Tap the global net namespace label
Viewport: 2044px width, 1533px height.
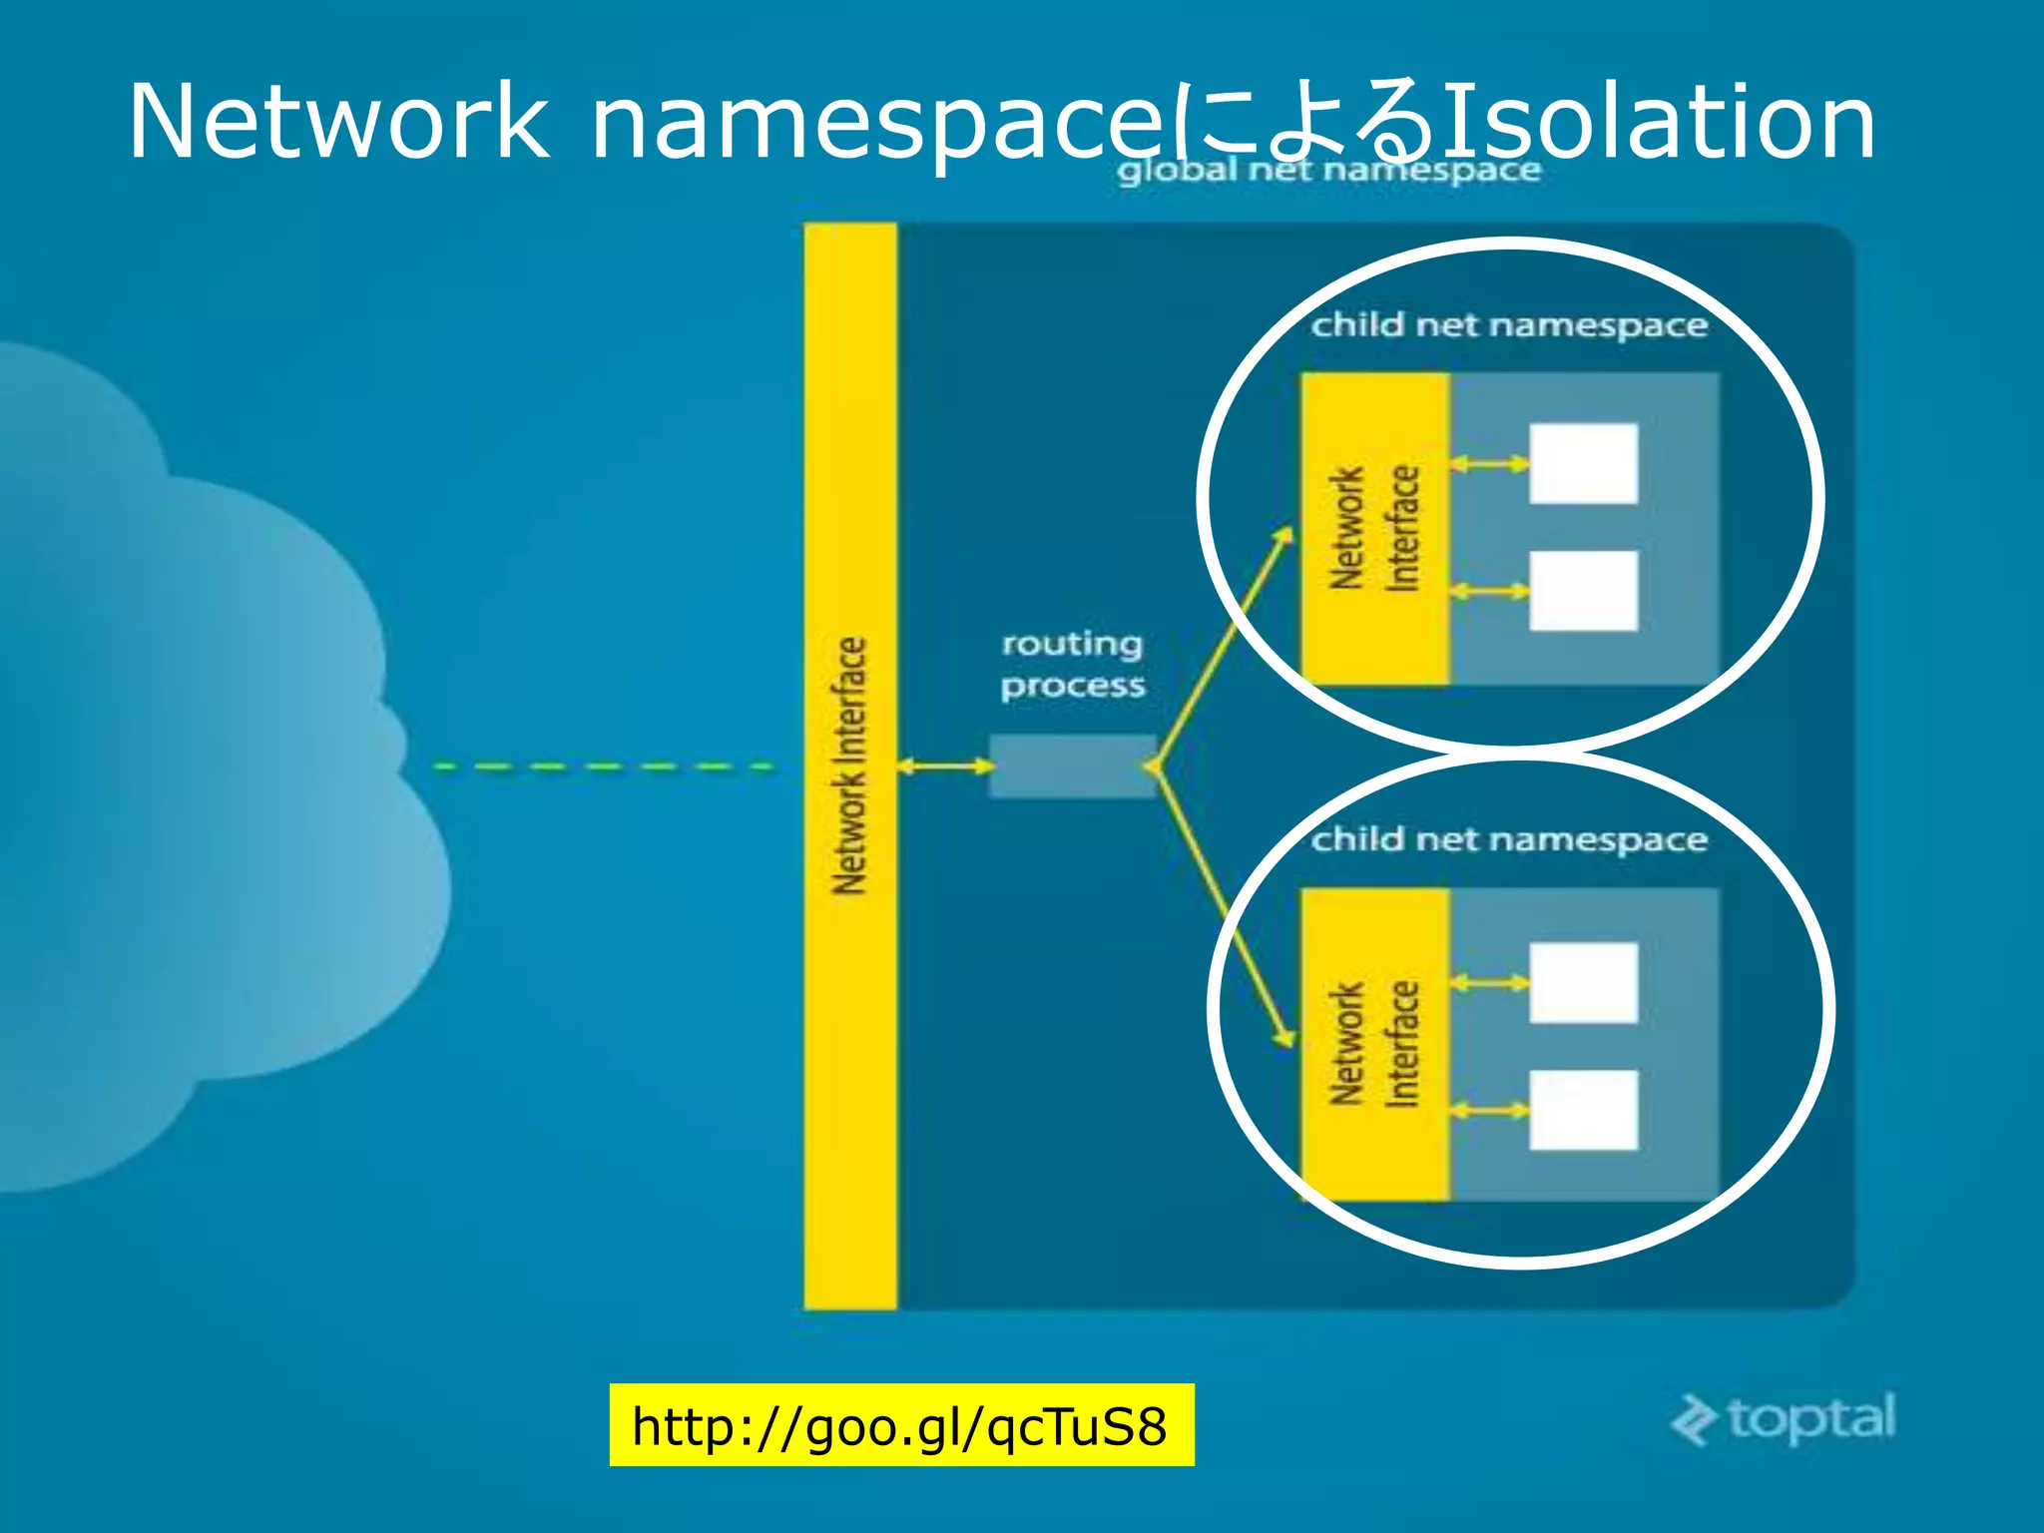click(x=1328, y=171)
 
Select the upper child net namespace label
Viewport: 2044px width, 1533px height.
click(x=1508, y=325)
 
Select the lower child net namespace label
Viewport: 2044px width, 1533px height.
click(x=1508, y=839)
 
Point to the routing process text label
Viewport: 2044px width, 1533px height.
click(x=1073, y=665)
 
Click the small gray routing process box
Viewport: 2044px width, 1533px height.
click(x=1072, y=766)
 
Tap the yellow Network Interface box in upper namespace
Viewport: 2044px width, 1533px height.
click(x=1374, y=528)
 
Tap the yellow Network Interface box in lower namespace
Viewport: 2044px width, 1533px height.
click(x=1374, y=1044)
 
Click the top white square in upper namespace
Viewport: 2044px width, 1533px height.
click(x=1583, y=464)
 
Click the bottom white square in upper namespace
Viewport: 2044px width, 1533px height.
click(x=1583, y=591)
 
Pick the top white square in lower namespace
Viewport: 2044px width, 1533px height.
click(x=1583, y=983)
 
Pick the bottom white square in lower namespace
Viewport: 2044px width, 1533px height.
click(x=1583, y=1110)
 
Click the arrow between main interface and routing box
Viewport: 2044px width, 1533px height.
click(x=945, y=766)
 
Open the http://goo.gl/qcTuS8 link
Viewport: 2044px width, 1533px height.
click(x=900, y=1425)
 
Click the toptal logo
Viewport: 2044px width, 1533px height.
click(x=1784, y=1418)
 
